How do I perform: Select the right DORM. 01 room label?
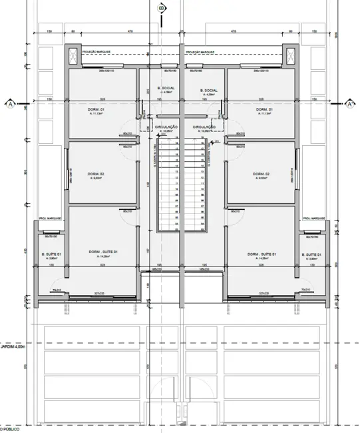(x=264, y=109)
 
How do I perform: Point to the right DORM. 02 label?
(x=262, y=175)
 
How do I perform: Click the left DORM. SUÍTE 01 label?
(x=103, y=252)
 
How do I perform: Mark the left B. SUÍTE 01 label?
(x=51, y=255)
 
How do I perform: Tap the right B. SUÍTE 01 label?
(x=310, y=255)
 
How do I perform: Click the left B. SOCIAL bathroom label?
(x=165, y=89)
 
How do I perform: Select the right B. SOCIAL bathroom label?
(x=208, y=90)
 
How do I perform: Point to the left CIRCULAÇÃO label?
(x=166, y=127)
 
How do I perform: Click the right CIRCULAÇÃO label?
(x=204, y=127)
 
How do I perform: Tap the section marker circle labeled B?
(x=160, y=8)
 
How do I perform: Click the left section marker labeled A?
(x=10, y=103)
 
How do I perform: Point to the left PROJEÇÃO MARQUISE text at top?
(x=97, y=51)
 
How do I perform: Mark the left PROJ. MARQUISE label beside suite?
(x=51, y=218)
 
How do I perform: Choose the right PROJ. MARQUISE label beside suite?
(x=313, y=218)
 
